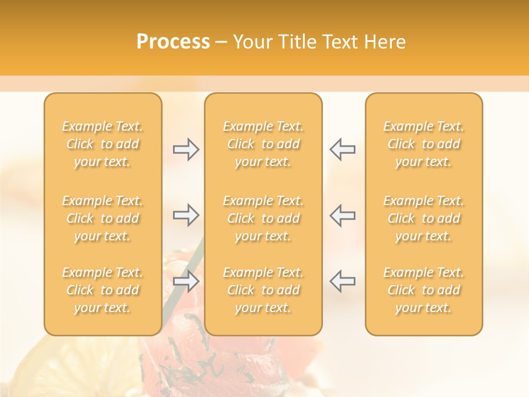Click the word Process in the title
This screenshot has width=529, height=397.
[173, 42]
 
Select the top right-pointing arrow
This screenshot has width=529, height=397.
[186, 149]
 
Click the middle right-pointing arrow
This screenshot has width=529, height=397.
[186, 215]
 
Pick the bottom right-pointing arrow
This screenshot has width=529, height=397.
[186, 281]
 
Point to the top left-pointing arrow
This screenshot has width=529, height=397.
[342, 149]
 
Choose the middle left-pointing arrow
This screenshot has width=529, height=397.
[342, 215]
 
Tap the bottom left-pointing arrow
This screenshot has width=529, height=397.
[342, 281]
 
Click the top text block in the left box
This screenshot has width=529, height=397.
[102, 144]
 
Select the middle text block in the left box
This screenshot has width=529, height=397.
[102, 218]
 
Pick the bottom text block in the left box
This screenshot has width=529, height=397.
[102, 290]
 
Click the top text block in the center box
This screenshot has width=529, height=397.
[263, 144]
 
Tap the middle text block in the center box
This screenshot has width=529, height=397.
[263, 218]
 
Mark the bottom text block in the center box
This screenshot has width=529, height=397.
[263, 290]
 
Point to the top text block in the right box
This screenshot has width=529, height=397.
[424, 144]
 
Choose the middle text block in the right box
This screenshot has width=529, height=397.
[424, 218]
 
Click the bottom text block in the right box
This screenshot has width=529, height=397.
[424, 290]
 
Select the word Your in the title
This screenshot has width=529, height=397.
[253, 42]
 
